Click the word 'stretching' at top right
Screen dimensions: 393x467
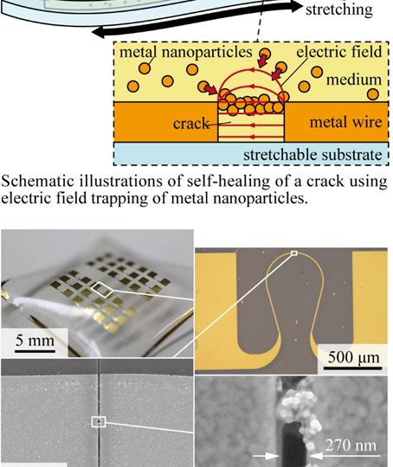pos(339,10)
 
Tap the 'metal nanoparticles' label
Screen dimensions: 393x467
pos(186,52)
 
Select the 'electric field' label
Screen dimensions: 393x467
pos(339,52)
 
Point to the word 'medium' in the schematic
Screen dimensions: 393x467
pos(354,80)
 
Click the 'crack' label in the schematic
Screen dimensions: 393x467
pos(191,123)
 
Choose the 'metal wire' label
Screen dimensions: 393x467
pos(345,122)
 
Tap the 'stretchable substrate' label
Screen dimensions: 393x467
pos(312,155)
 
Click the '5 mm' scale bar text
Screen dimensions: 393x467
pos(35,340)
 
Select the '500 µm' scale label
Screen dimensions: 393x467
pos(354,357)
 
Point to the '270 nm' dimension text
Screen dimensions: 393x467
pos(351,445)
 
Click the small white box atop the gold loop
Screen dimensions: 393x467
pos(294,253)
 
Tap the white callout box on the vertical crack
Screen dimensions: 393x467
pos(99,422)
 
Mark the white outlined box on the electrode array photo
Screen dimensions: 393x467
pos(102,290)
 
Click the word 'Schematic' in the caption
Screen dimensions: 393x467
pos(38,181)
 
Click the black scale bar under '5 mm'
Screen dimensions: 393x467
pos(35,351)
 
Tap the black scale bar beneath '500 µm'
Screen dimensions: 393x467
pos(352,368)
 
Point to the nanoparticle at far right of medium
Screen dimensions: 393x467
pos(373,94)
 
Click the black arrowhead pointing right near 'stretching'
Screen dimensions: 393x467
pos(296,7)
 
